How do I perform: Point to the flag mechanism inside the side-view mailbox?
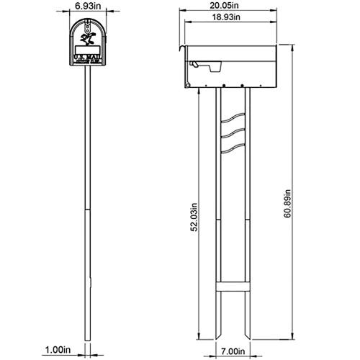point(202,67)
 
